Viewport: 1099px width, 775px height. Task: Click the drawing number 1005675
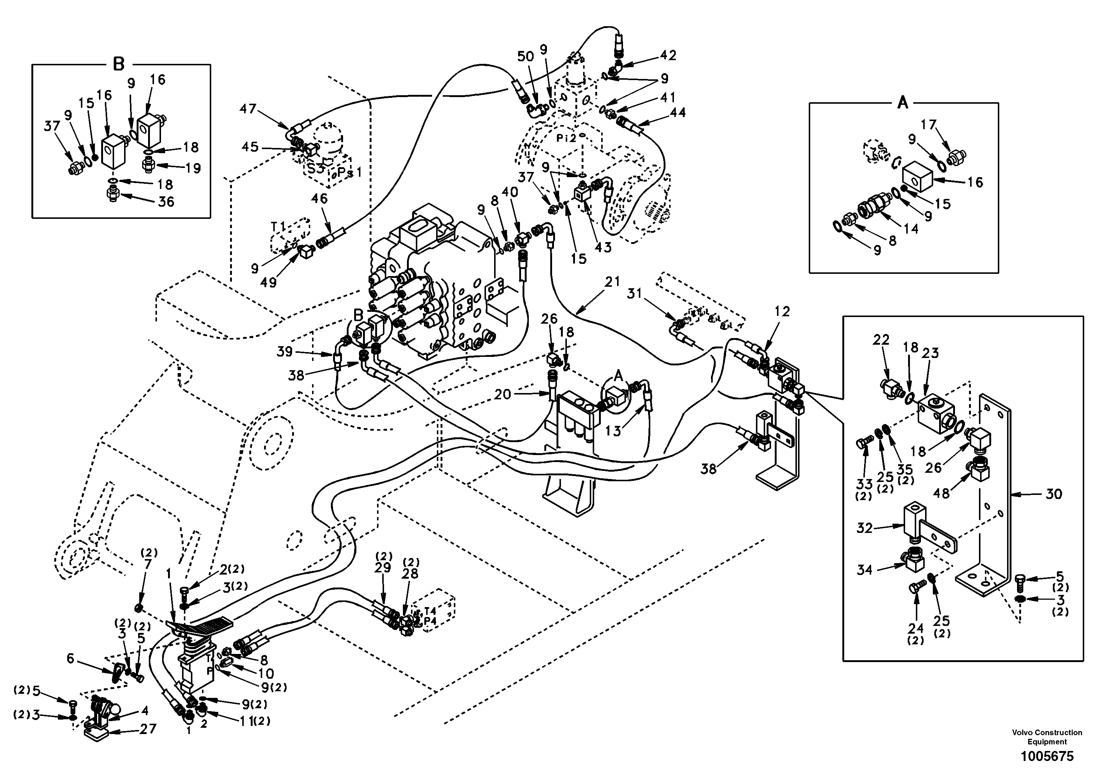(x=1047, y=756)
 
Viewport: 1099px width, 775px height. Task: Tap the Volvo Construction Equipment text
(x=1047, y=737)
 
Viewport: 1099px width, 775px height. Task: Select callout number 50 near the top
(x=525, y=56)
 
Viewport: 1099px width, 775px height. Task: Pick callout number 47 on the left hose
(x=248, y=109)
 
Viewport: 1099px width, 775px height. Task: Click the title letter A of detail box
(x=902, y=102)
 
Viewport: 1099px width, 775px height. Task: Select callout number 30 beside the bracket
(x=1053, y=494)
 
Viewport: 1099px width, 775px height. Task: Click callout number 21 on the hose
(x=612, y=282)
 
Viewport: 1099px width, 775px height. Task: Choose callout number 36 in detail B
(x=166, y=201)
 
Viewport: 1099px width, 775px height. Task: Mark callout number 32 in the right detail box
(x=865, y=528)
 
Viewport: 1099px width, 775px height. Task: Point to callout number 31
(x=634, y=293)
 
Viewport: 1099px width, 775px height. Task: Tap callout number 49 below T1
(x=268, y=282)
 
